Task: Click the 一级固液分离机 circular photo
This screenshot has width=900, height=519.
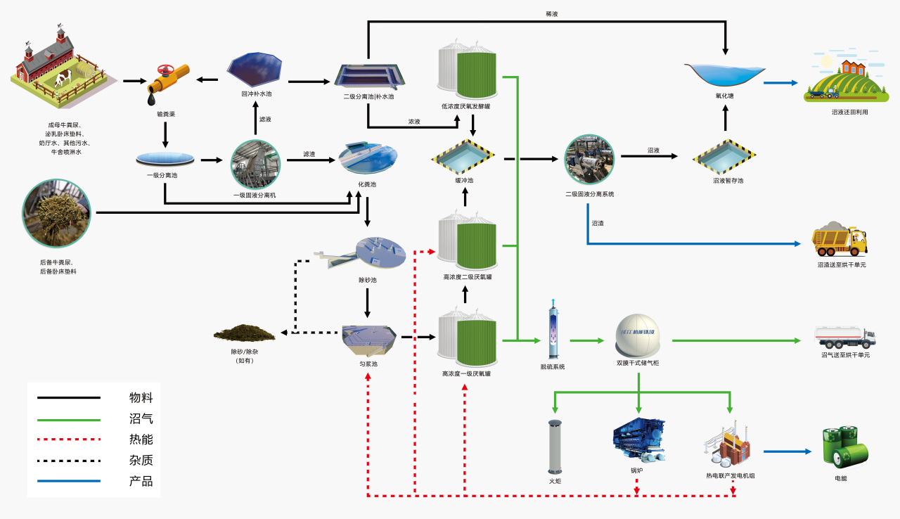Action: pyautogui.click(x=256, y=165)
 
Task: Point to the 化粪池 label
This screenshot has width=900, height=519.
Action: pyautogui.click(x=367, y=184)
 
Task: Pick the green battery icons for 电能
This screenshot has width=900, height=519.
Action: pyautogui.click(x=843, y=447)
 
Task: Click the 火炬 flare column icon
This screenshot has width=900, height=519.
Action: pyautogui.click(x=555, y=447)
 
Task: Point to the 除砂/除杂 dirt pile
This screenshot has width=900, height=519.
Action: pyautogui.click(x=244, y=332)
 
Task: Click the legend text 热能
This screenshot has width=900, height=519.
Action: pyautogui.click(x=141, y=440)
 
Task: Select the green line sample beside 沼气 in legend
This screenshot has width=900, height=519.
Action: pyautogui.click(x=68, y=419)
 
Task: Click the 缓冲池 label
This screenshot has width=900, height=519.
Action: pyautogui.click(x=464, y=181)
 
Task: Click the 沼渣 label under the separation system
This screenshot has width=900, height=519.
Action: pyautogui.click(x=598, y=223)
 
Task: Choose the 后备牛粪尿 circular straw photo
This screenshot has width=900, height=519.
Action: pyautogui.click(x=56, y=213)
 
